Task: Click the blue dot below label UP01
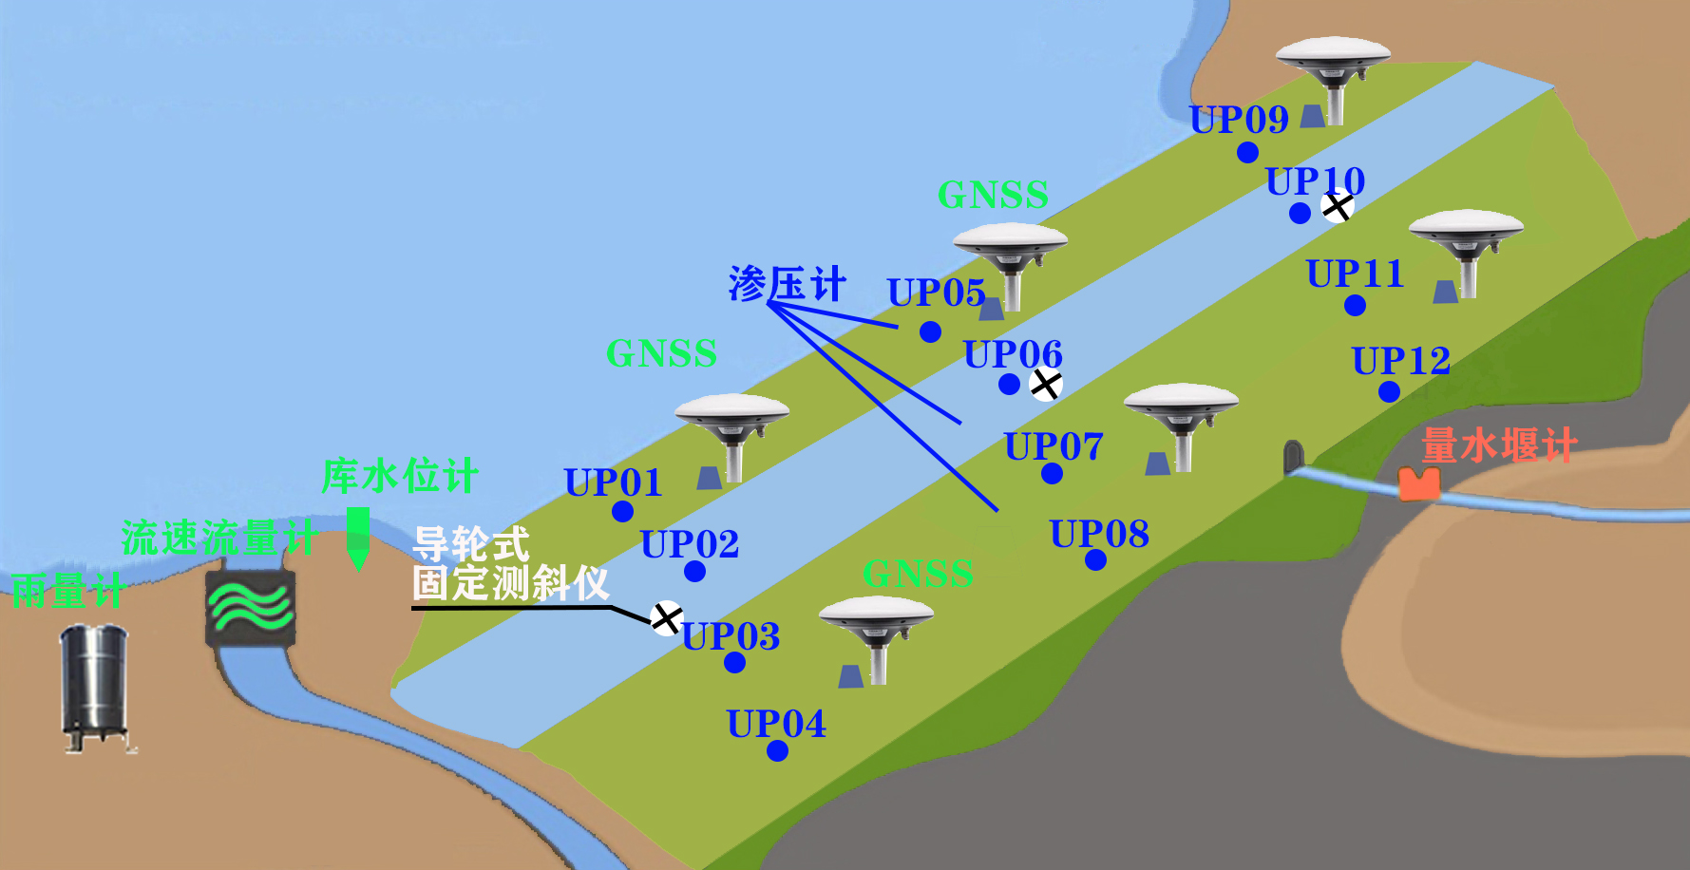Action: [x=622, y=512]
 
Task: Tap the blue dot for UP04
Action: [x=777, y=751]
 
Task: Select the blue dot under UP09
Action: [x=1247, y=152]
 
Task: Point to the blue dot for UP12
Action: [x=1389, y=391]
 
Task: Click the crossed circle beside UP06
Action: [x=1045, y=385]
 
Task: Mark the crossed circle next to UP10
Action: [x=1337, y=206]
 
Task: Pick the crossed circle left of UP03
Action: [x=666, y=618]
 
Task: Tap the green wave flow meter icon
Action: [x=250, y=608]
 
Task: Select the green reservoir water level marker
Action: [x=358, y=538]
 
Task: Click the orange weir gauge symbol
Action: [x=1418, y=483]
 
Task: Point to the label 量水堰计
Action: [x=1498, y=444]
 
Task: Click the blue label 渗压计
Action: [x=787, y=284]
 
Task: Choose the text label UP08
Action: [x=1099, y=534]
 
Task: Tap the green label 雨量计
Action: [x=66, y=591]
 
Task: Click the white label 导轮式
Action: [x=471, y=544]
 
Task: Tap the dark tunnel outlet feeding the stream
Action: [x=1292, y=456]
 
